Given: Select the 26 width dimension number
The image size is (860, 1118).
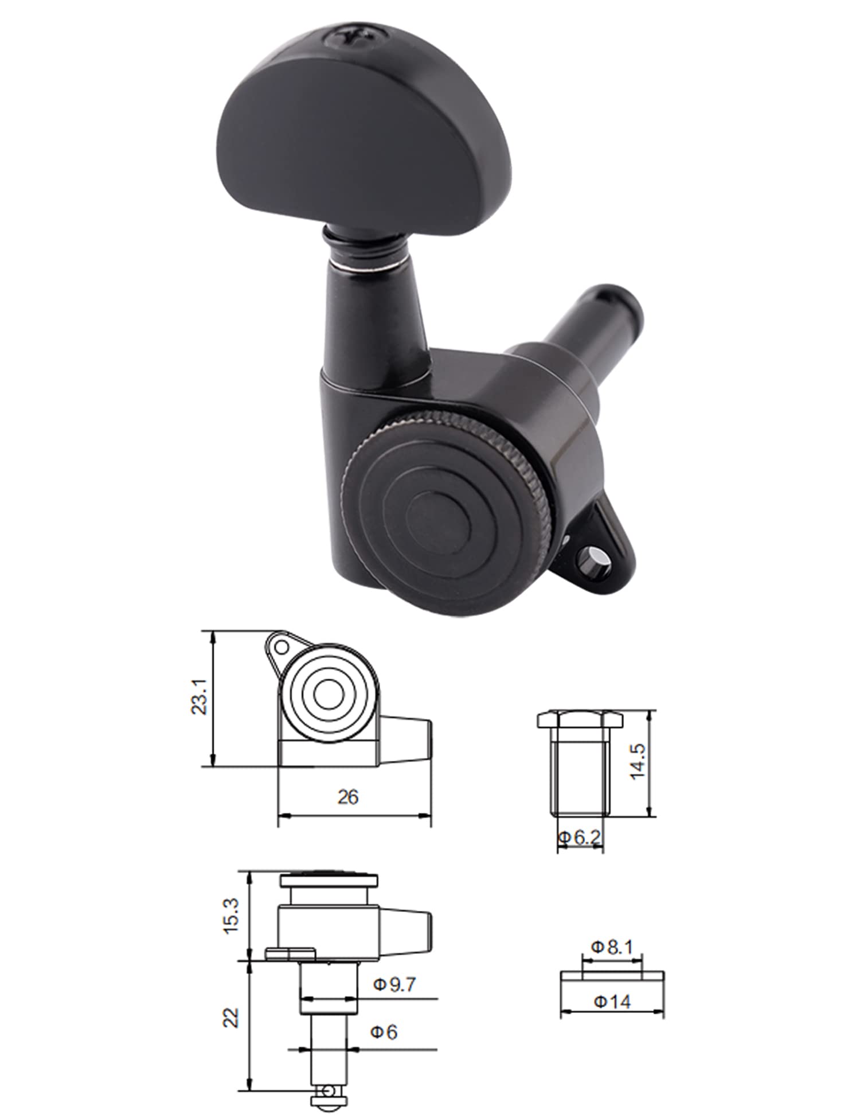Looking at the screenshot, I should pos(348,797).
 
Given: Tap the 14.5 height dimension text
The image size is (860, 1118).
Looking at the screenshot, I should pos(638,762).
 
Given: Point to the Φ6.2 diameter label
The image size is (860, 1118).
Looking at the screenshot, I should pos(579,838).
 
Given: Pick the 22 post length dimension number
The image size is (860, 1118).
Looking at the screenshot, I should pos(230,1018).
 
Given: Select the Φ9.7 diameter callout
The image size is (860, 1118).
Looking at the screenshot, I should pos(394,985).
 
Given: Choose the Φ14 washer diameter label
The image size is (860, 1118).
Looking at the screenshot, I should pos(612,1002).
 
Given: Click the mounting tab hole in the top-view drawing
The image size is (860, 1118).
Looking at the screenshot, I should pos(282,648).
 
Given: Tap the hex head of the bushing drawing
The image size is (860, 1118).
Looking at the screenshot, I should pos(579,719).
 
